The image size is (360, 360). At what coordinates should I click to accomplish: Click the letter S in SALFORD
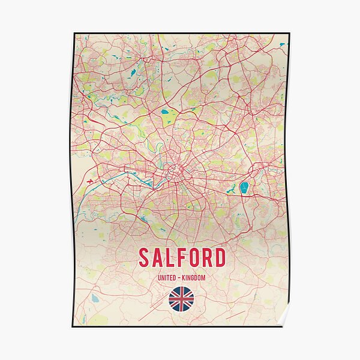(145, 257)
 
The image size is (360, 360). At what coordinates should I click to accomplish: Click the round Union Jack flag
(181, 299)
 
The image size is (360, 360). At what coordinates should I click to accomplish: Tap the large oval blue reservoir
(244, 188)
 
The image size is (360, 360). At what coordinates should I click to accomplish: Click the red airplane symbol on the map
(90, 179)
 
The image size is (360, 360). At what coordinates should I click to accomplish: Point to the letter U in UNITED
(160, 278)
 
